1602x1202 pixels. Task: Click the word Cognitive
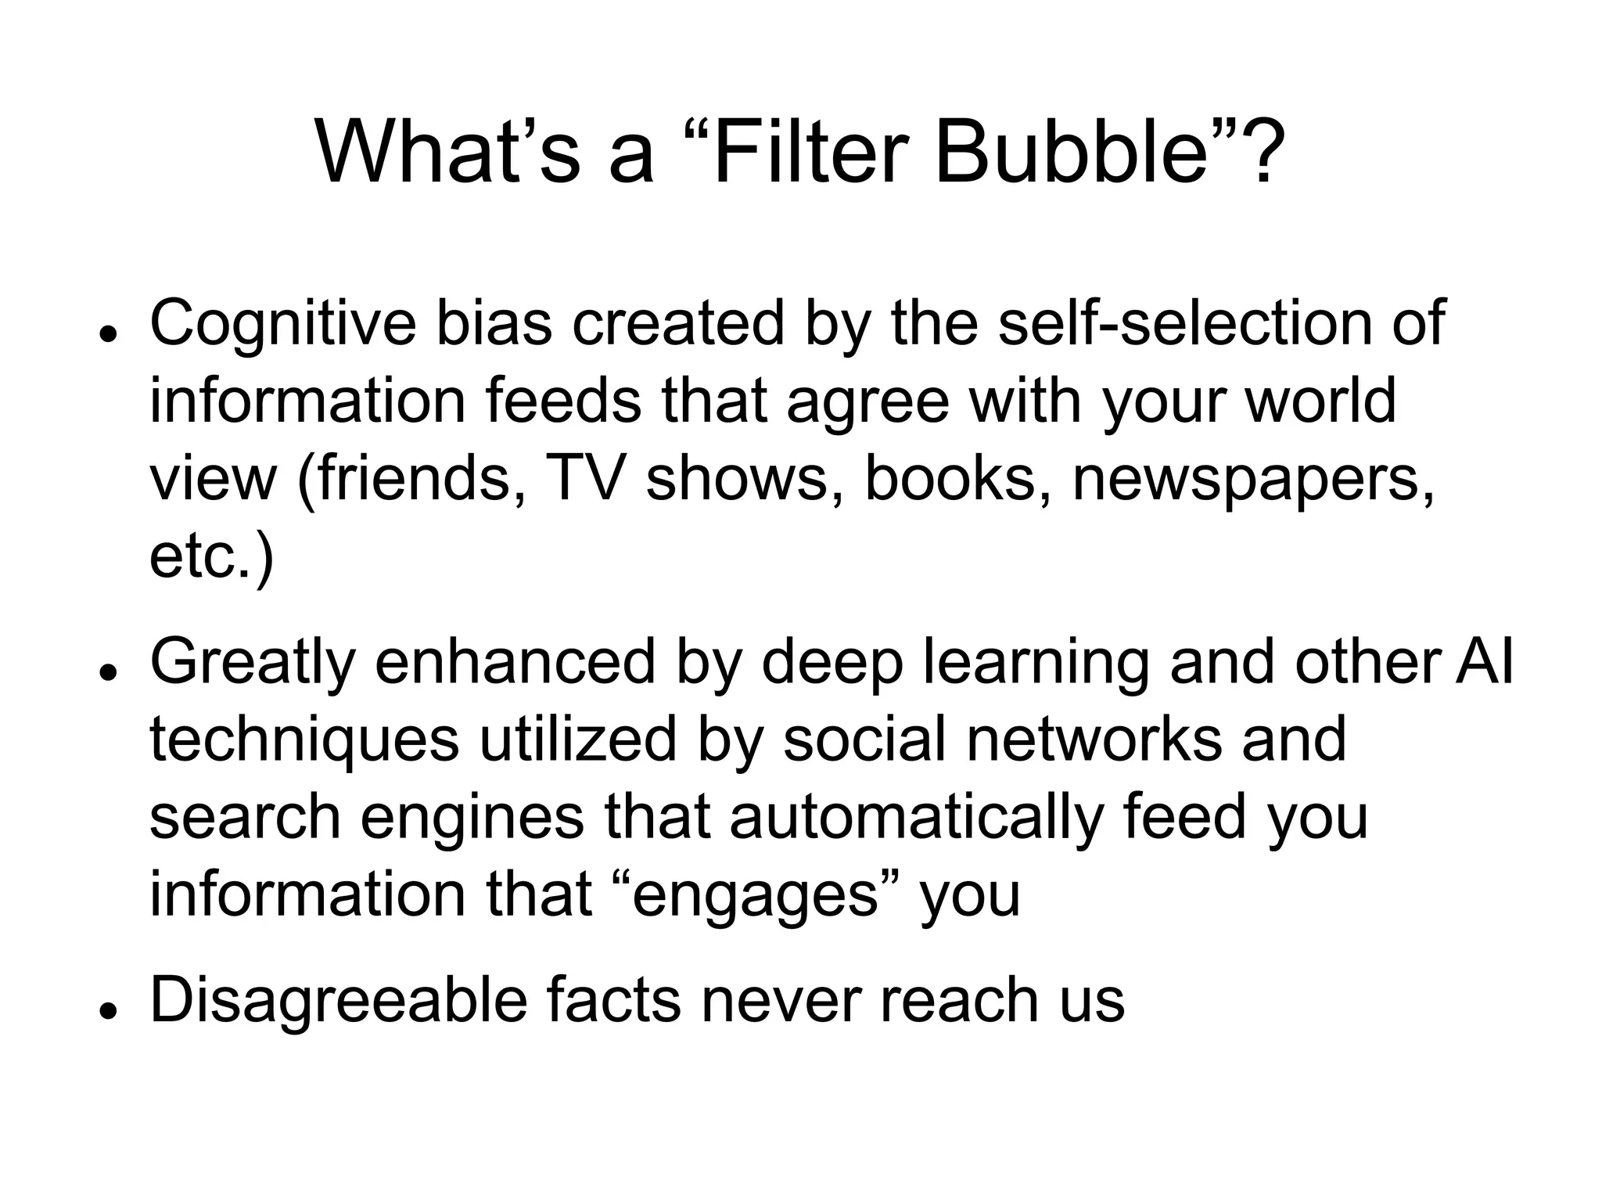(x=282, y=323)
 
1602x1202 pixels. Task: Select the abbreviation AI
(x=1484, y=661)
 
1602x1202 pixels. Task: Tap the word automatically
(x=916, y=818)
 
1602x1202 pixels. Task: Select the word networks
(x=1094, y=740)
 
